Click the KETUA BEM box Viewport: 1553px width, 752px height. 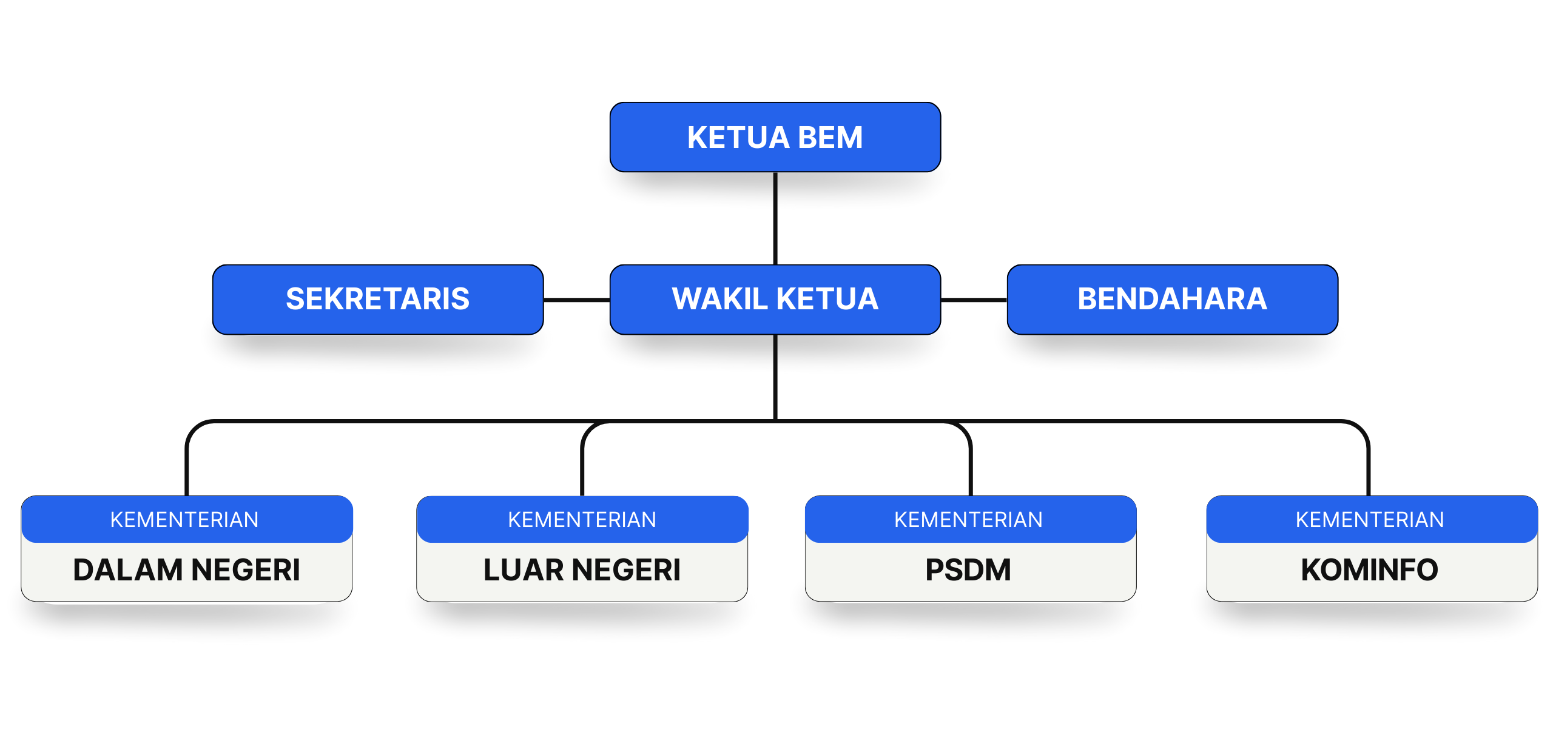(775, 137)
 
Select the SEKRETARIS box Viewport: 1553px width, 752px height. (377, 299)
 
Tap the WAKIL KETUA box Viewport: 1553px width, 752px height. (775, 299)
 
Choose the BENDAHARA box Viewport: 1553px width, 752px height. (1172, 299)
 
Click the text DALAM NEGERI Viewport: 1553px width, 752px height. (187, 570)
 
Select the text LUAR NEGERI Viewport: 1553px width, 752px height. (582, 570)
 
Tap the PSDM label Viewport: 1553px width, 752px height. (968, 570)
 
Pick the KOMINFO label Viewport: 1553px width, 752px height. (1369, 570)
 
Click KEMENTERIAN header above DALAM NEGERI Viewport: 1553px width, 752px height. (184, 520)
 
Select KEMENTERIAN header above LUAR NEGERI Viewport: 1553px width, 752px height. (582, 520)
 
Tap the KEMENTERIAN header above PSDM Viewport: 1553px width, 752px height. (968, 520)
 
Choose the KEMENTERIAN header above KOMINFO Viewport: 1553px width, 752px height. (1369, 520)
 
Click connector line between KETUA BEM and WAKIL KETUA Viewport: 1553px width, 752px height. (775, 218)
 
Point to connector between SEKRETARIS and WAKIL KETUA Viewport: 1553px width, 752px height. (576, 300)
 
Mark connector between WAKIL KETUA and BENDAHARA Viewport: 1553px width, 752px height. (974, 300)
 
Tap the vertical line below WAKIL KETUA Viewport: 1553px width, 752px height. (775, 376)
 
